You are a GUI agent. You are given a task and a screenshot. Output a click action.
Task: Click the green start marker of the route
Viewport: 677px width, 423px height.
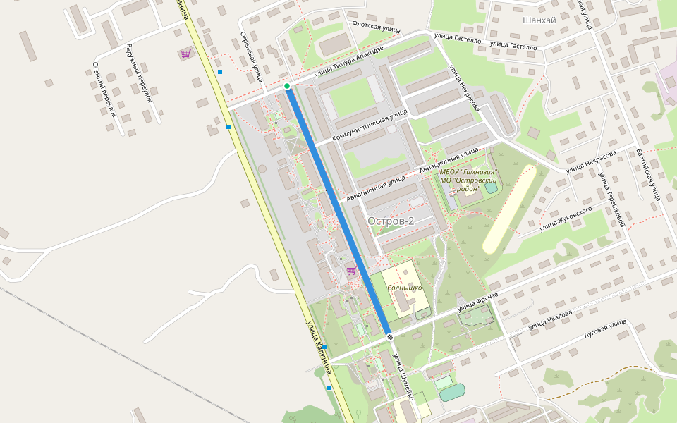[x=287, y=86]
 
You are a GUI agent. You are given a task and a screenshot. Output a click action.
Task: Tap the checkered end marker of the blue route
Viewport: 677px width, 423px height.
[x=389, y=337]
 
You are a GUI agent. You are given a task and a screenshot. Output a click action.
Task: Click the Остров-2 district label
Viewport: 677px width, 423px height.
[x=391, y=221]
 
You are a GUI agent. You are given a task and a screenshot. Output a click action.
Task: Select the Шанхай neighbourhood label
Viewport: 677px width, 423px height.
[x=539, y=20]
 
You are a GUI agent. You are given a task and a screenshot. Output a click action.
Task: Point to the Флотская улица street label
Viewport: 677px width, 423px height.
[x=376, y=27]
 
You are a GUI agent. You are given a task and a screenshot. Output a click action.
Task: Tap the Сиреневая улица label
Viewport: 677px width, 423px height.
[x=251, y=56]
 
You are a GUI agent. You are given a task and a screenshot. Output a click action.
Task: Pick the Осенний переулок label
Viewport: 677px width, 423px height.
[x=103, y=89]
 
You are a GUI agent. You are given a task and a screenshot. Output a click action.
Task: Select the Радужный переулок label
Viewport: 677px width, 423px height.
[x=139, y=73]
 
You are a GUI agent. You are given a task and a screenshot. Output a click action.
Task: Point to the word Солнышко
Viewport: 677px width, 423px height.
[x=405, y=288]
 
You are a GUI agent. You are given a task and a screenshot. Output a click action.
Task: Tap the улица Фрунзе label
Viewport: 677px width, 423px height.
[x=477, y=301]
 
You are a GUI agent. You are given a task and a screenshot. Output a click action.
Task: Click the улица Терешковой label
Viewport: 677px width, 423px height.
[x=611, y=200]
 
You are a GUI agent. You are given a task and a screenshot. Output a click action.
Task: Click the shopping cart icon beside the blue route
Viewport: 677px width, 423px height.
[x=350, y=271]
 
